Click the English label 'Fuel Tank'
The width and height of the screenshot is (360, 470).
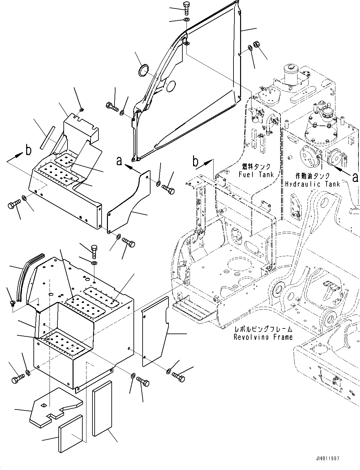click(256, 174)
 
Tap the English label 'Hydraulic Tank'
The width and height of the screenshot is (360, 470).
click(313, 184)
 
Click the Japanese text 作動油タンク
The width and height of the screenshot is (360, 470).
click(313, 176)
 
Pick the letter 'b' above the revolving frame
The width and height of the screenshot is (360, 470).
click(195, 162)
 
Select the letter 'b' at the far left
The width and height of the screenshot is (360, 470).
click(28, 150)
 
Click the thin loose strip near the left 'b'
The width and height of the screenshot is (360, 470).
click(47, 137)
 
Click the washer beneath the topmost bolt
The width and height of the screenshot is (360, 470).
click(186, 20)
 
